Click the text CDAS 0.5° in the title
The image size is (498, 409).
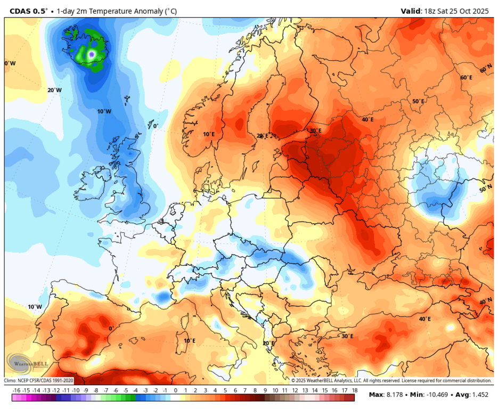click(x=26, y=10)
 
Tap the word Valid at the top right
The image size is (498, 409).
click(x=412, y=11)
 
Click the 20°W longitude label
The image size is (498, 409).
click(x=54, y=90)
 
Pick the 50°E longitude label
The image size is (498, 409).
click(x=418, y=101)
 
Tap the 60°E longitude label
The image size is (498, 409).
click(x=466, y=78)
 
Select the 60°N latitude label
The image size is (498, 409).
click(x=485, y=69)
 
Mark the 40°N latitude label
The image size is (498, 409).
click(x=485, y=301)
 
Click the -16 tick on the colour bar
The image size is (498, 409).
click(x=16, y=390)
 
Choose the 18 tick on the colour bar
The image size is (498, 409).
click(x=354, y=390)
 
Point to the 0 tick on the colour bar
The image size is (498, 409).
click(x=175, y=390)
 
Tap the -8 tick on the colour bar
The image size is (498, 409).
click(x=95, y=390)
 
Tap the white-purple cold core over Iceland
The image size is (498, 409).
click(x=92, y=54)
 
